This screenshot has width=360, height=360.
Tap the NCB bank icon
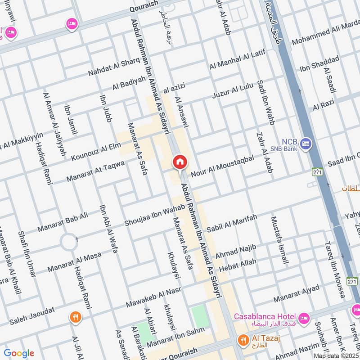[x=306, y=144]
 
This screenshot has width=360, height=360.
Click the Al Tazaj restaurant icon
[x=244, y=341]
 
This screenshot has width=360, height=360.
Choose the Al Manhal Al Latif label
[x=238, y=59]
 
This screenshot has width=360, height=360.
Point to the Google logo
[x=19, y=353]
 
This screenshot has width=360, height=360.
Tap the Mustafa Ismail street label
[x=279, y=240]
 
